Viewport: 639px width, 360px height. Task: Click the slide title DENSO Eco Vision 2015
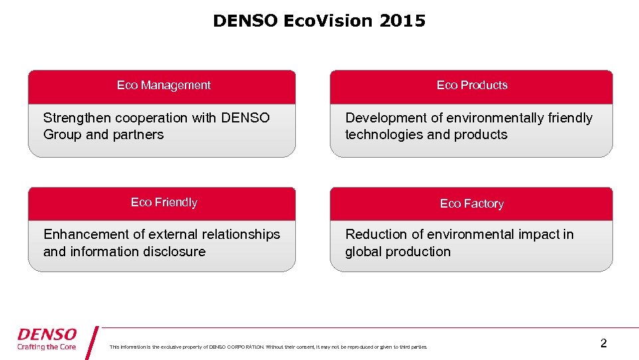click(x=319, y=21)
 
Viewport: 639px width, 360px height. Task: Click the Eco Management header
click(x=164, y=85)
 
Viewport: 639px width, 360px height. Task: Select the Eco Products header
click(x=471, y=85)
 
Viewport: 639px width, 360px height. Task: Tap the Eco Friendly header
click(x=164, y=202)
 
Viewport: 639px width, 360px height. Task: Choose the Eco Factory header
click(x=471, y=204)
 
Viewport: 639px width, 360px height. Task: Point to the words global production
click(x=398, y=252)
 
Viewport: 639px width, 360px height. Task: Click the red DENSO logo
click(x=47, y=334)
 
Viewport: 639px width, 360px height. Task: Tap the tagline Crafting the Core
click(x=47, y=347)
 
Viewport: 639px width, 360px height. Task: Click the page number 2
click(x=603, y=343)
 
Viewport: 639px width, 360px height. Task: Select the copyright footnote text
click(x=269, y=347)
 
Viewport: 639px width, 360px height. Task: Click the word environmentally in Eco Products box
click(x=495, y=118)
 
